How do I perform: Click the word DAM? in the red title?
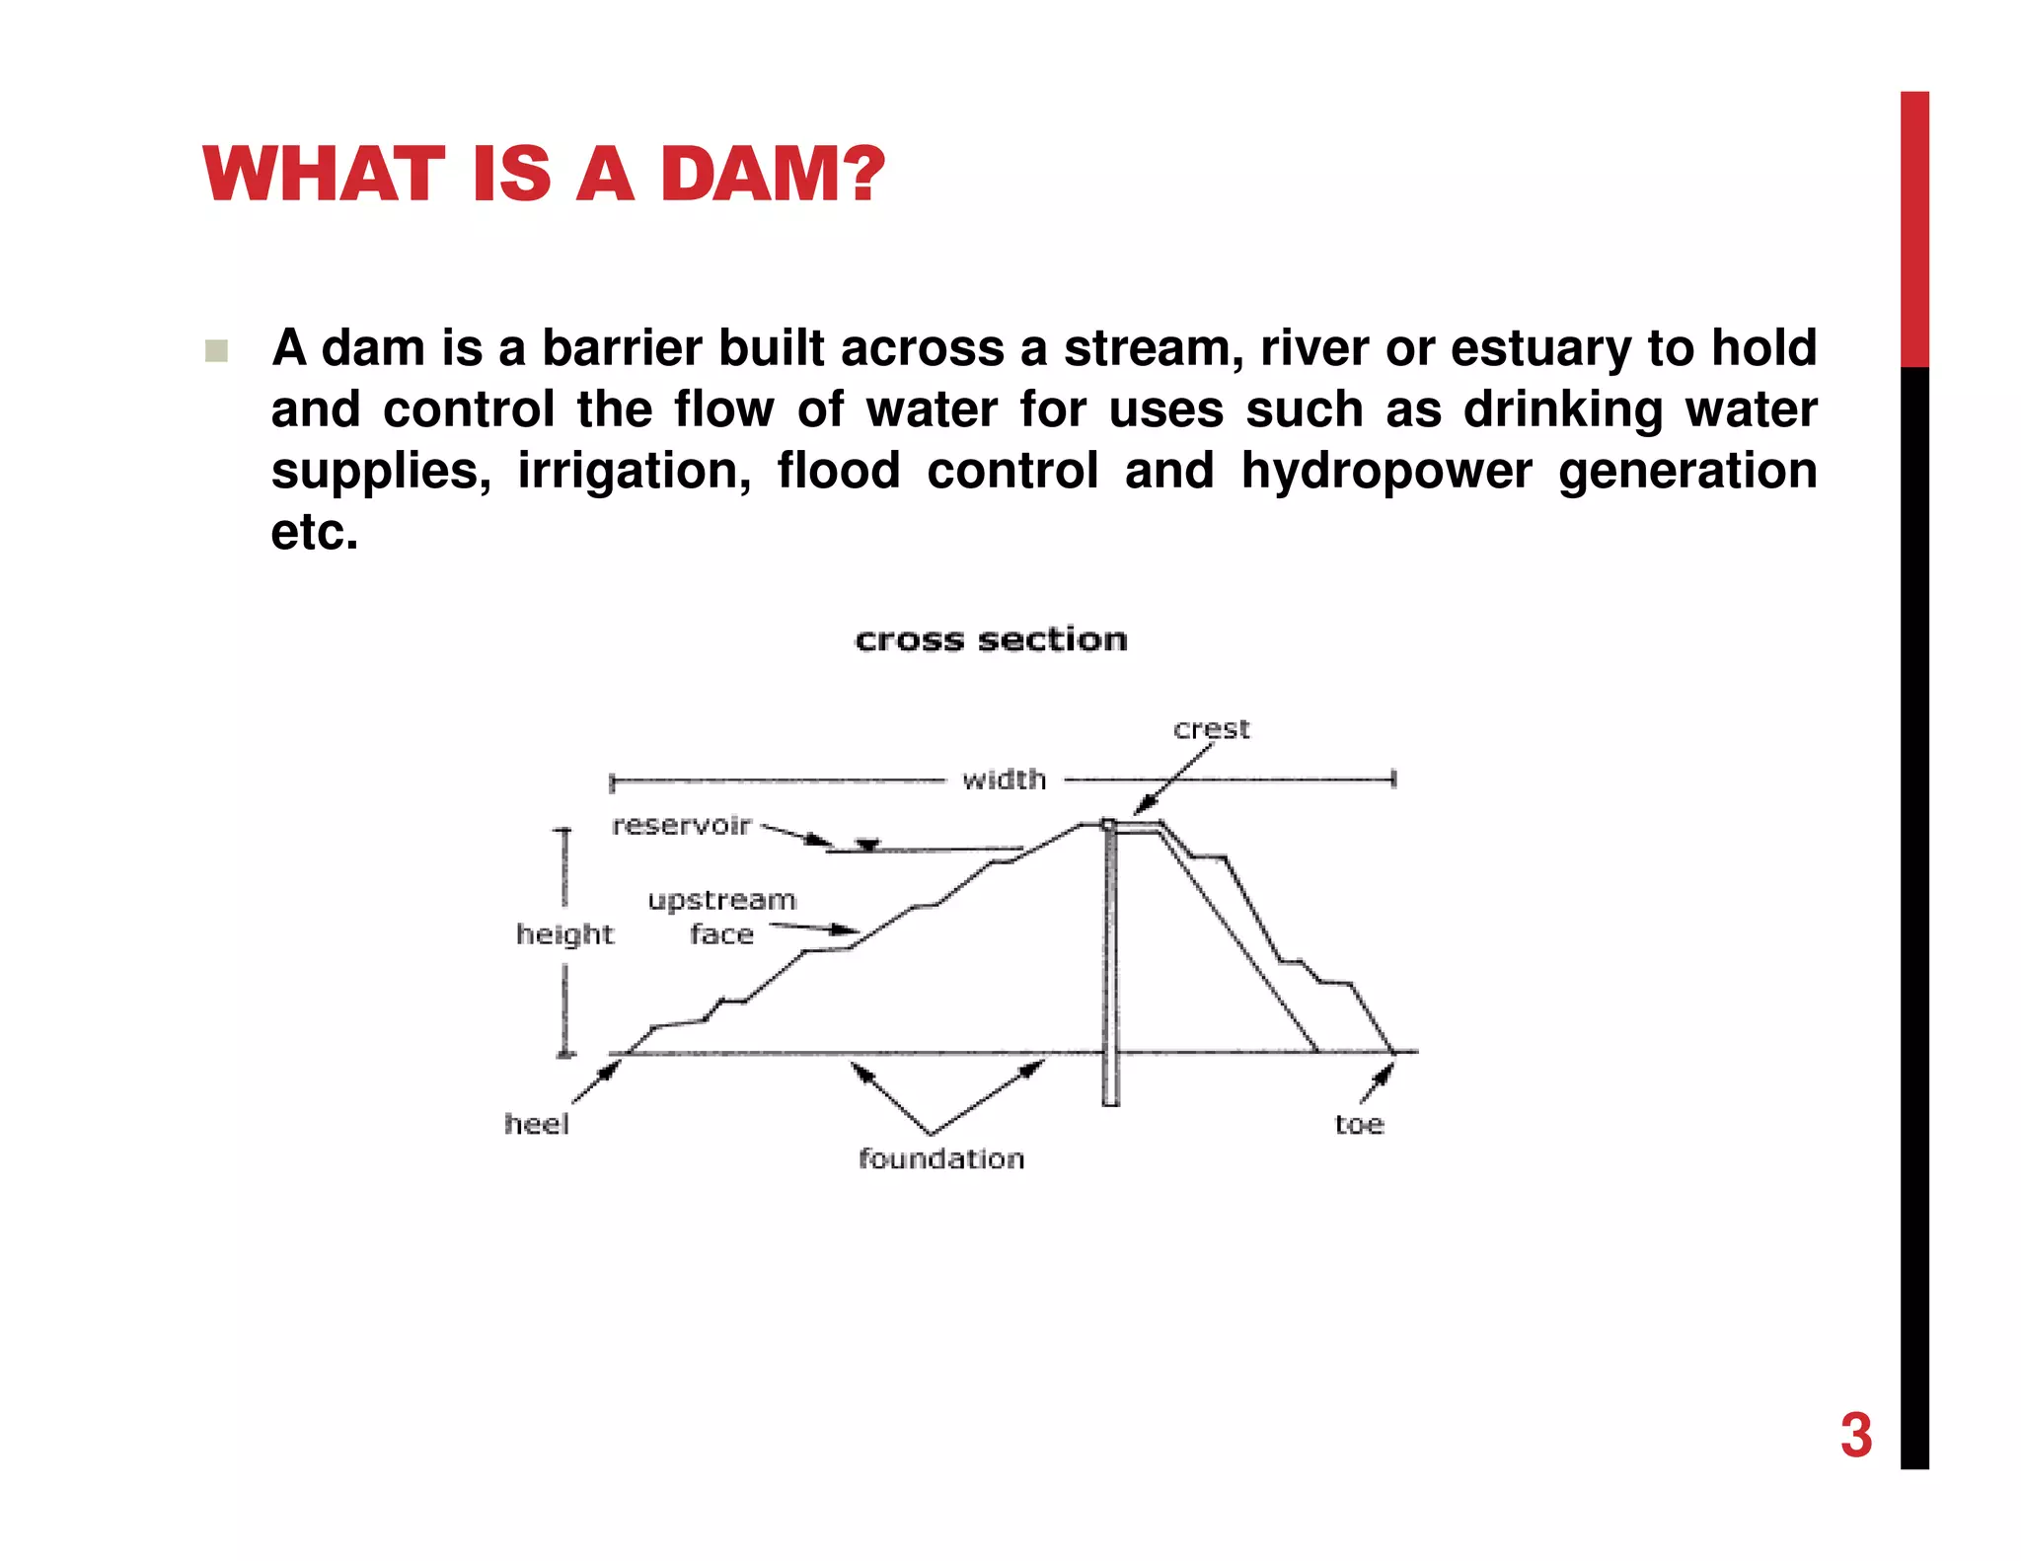[x=773, y=175]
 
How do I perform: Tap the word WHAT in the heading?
[x=323, y=175]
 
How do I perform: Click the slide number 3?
[x=1855, y=1435]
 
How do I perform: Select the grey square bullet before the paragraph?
[x=216, y=351]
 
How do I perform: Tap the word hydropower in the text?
[x=1386, y=471]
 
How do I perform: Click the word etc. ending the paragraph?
[x=315, y=532]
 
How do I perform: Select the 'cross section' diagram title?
[x=991, y=639]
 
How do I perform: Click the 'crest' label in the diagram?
[x=1211, y=729]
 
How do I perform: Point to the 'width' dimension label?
[x=1004, y=780]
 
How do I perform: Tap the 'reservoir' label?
[x=681, y=825]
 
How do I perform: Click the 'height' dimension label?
[x=564, y=933]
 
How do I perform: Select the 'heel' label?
[x=537, y=1124]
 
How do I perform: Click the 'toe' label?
[x=1359, y=1124]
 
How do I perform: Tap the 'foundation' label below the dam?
[x=941, y=1158]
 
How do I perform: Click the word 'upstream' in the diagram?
[x=721, y=900]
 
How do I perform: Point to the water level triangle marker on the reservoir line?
[x=867, y=845]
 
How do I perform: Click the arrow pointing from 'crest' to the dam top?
[x=1174, y=780]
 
